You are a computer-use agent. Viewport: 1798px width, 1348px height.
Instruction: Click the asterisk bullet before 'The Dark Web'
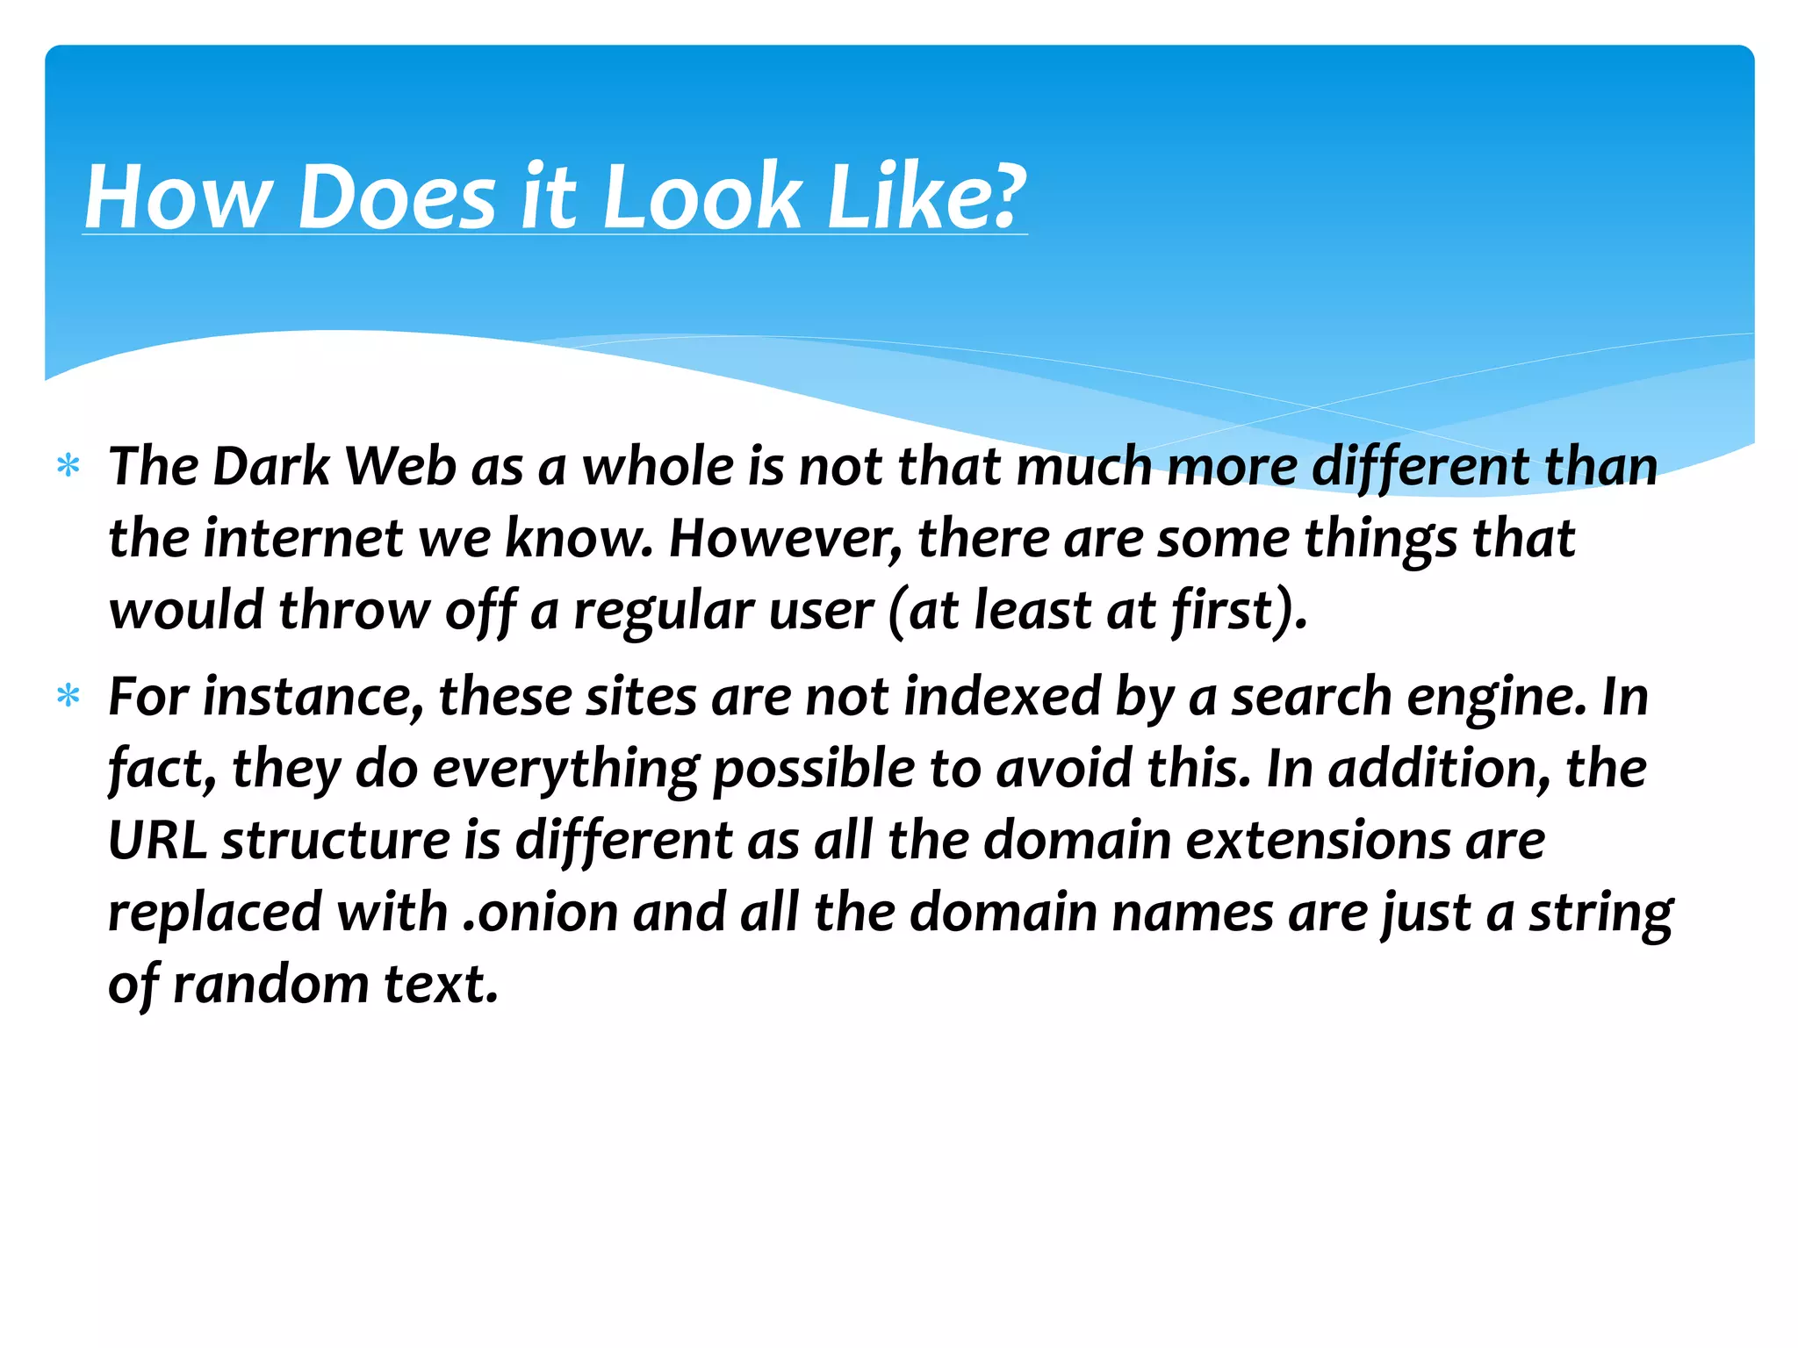pyautogui.click(x=68, y=466)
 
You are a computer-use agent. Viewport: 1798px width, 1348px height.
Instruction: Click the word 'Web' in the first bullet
pyautogui.click(x=400, y=466)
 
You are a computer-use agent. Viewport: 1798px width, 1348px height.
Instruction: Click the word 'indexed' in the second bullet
pyautogui.click(x=1002, y=697)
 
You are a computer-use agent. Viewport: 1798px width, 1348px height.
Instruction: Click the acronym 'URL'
pyautogui.click(x=157, y=841)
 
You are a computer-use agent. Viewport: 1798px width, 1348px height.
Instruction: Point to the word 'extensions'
pyautogui.click(x=1318, y=841)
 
